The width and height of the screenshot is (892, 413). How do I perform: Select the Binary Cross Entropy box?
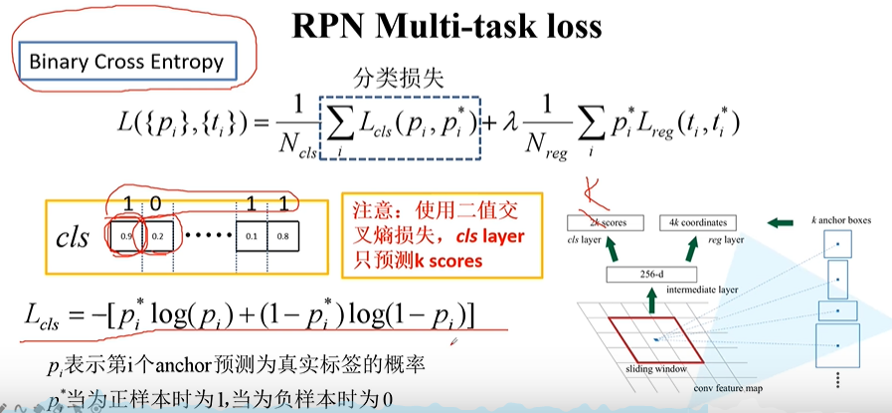pyautogui.click(x=124, y=62)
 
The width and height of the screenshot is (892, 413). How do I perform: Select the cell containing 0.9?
pyautogui.click(x=126, y=238)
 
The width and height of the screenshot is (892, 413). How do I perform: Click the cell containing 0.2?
pyautogui.click(x=163, y=238)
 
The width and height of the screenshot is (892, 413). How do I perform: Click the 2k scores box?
pyautogui.click(x=606, y=223)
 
